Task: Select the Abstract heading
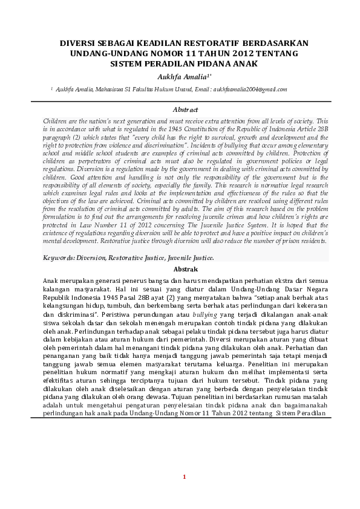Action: pyautogui.click(x=185, y=109)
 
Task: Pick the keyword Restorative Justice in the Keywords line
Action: pyautogui.click(x=135, y=257)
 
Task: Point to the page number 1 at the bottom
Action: pyautogui.click(x=185, y=478)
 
